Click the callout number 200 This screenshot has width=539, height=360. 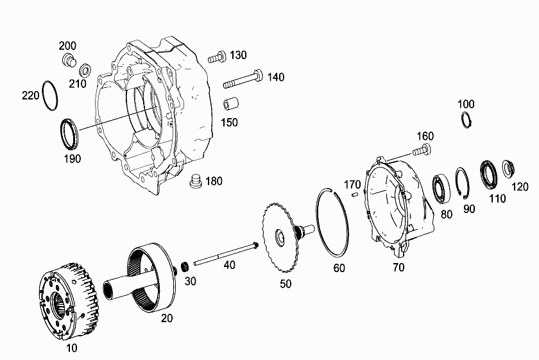coord(67,46)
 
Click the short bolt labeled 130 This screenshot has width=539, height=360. coord(217,56)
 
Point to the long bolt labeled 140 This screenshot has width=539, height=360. coord(243,80)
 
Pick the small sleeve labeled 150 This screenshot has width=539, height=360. coord(231,104)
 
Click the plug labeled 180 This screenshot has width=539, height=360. coord(196,181)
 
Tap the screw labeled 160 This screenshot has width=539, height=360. coord(422,151)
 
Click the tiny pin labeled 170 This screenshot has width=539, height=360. coord(355,195)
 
